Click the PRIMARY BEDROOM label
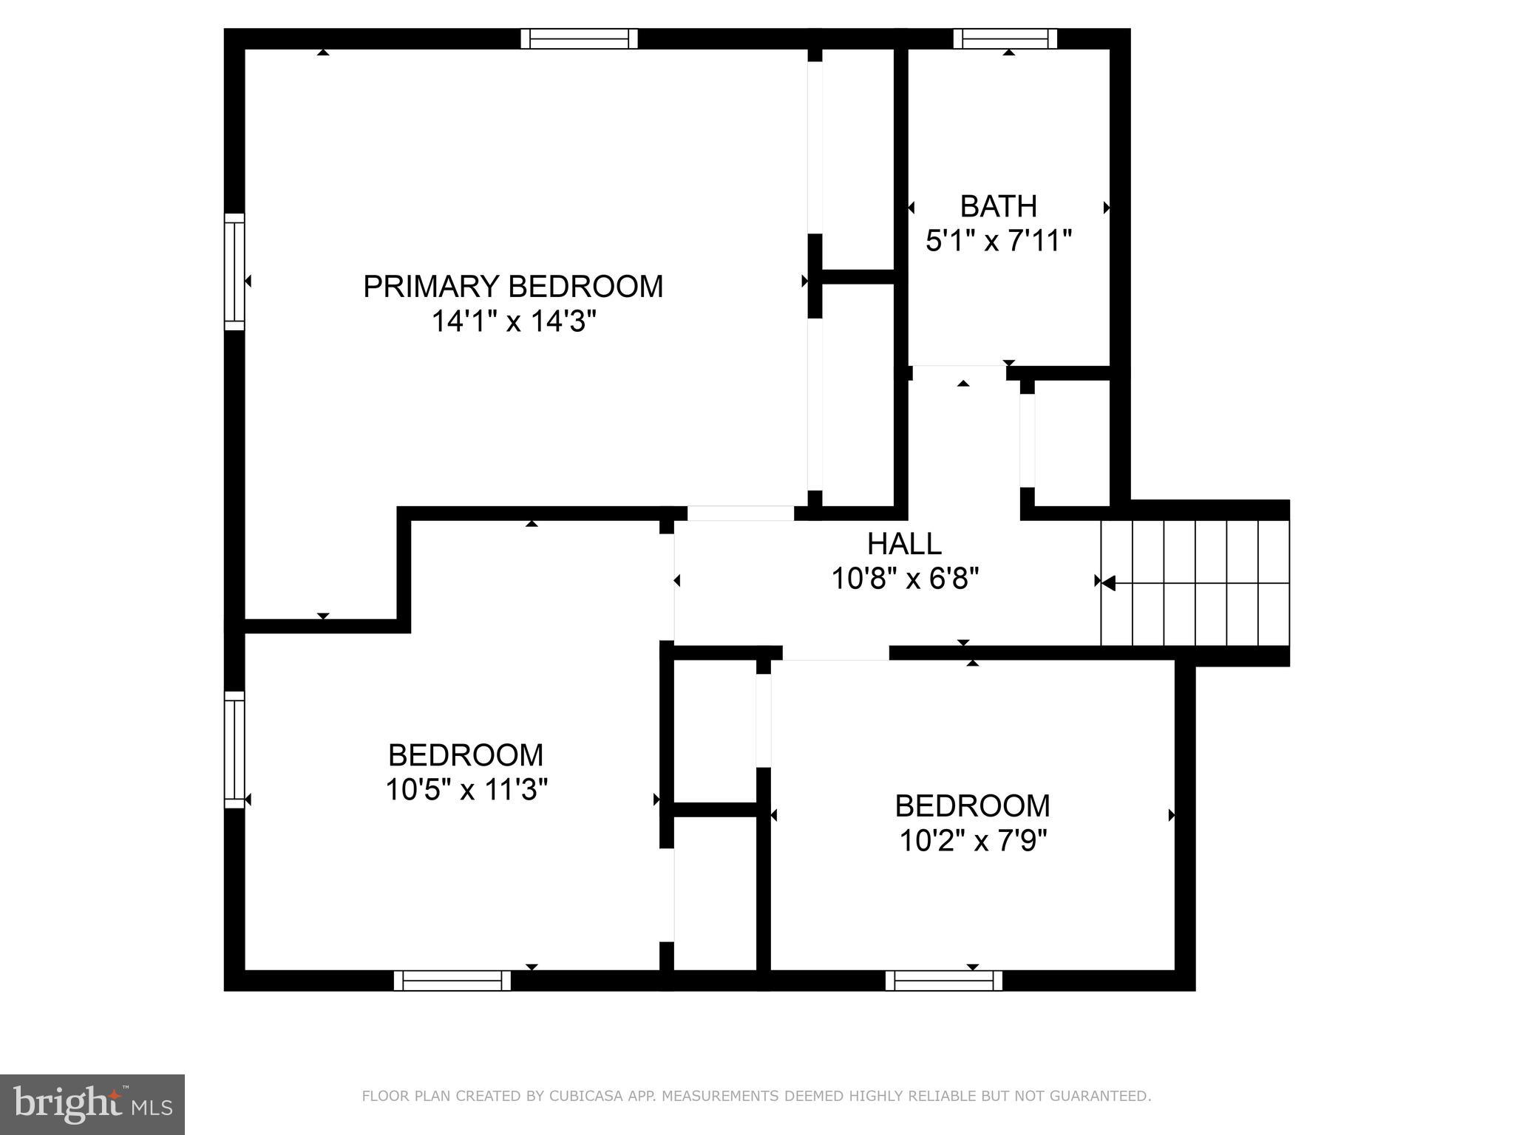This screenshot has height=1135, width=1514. click(513, 287)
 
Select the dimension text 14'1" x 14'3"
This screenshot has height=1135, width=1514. click(513, 322)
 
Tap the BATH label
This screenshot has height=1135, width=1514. click(998, 206)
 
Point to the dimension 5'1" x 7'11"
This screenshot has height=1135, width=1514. click(998, 241)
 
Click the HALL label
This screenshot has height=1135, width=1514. click(904, 545)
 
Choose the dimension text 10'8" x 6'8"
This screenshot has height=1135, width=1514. click(905, 579)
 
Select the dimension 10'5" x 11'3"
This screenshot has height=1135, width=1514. click(466, 791)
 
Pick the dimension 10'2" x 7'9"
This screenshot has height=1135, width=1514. click(973, 841)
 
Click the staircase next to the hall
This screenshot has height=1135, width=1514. click(1195, 582)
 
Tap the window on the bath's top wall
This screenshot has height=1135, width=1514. click(1005, 38)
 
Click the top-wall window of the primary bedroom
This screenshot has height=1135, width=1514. click(579, 38)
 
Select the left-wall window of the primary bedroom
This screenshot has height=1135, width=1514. click(234, 272)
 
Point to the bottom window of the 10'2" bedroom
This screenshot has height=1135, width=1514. click(944, 981)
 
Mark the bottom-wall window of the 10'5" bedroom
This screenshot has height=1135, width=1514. click(452, 981)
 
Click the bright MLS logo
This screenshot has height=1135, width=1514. click(92, 1103)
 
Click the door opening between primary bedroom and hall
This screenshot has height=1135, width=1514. click(741, 513)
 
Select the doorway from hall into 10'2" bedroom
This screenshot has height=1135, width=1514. click(835, 652)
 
